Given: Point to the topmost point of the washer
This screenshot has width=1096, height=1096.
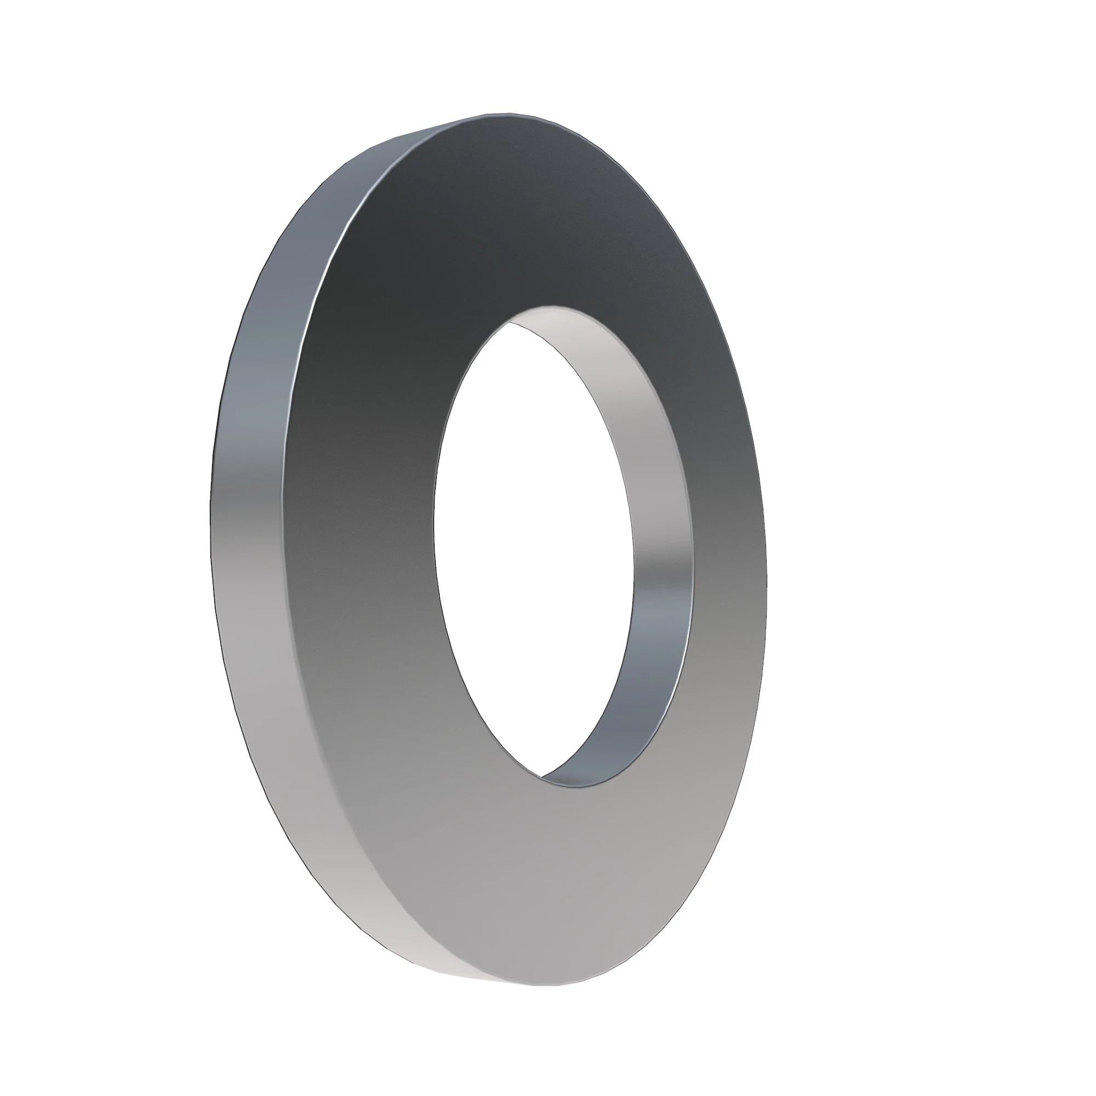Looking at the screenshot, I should point(499,113).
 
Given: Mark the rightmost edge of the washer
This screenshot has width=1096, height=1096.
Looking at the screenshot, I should point(767,567).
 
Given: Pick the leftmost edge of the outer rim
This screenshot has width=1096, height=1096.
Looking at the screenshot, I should point(210,511).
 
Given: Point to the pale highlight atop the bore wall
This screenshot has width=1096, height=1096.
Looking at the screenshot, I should point(567,323).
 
